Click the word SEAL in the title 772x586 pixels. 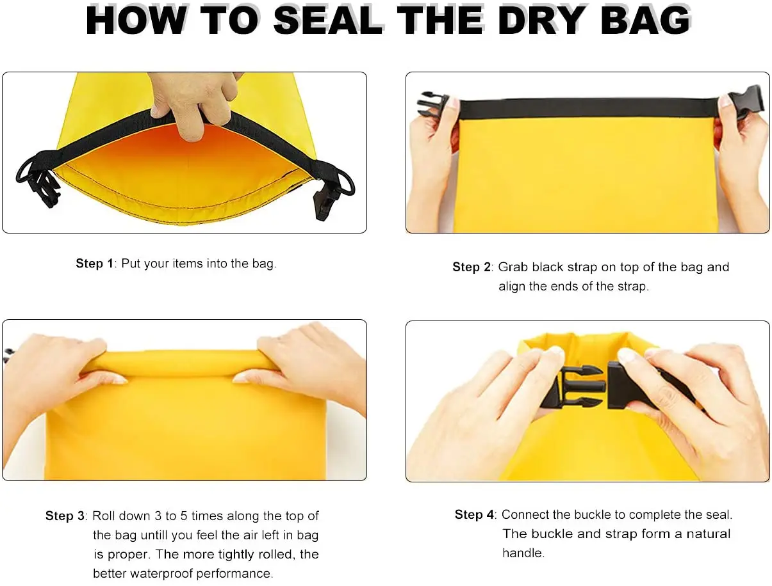[x=328, y=20]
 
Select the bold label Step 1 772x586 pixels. [x=95, y=264]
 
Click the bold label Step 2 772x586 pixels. [x=472, y=267]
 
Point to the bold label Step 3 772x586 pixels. [x=65, y=516]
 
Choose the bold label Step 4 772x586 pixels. [x=474, y=514]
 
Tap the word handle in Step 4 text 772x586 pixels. [x=523, y=553]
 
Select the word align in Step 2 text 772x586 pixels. [x=512, y=287]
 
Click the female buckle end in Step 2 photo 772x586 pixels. [x=745, y=101]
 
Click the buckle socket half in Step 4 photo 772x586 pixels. [x=630, y=386]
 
